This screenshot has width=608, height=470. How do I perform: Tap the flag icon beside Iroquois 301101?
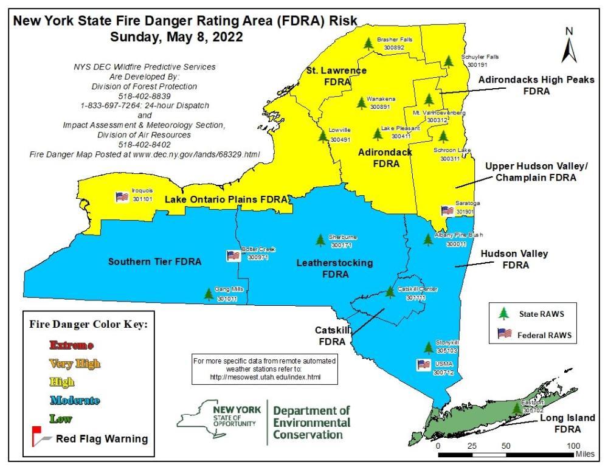[x=121, y=196]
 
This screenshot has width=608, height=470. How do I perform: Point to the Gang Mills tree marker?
[x=209, y=294]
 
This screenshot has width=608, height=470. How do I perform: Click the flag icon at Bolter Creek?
[x=232, y=255]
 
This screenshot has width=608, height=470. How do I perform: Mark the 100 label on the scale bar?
[x=572, y=446]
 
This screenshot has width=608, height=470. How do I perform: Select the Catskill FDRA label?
[x=331, y=336]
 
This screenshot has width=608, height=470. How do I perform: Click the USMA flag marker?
[x=423, y=364]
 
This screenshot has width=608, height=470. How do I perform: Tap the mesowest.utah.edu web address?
[x=263, y=378]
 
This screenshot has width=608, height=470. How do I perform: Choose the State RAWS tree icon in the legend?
[x=503, y=314]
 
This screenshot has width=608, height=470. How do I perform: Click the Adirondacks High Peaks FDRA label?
[x=527, y=85]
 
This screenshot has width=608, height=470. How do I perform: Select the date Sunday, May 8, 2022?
[x=176, y=36]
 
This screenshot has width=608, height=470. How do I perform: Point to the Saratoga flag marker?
[x=447, y=210]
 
